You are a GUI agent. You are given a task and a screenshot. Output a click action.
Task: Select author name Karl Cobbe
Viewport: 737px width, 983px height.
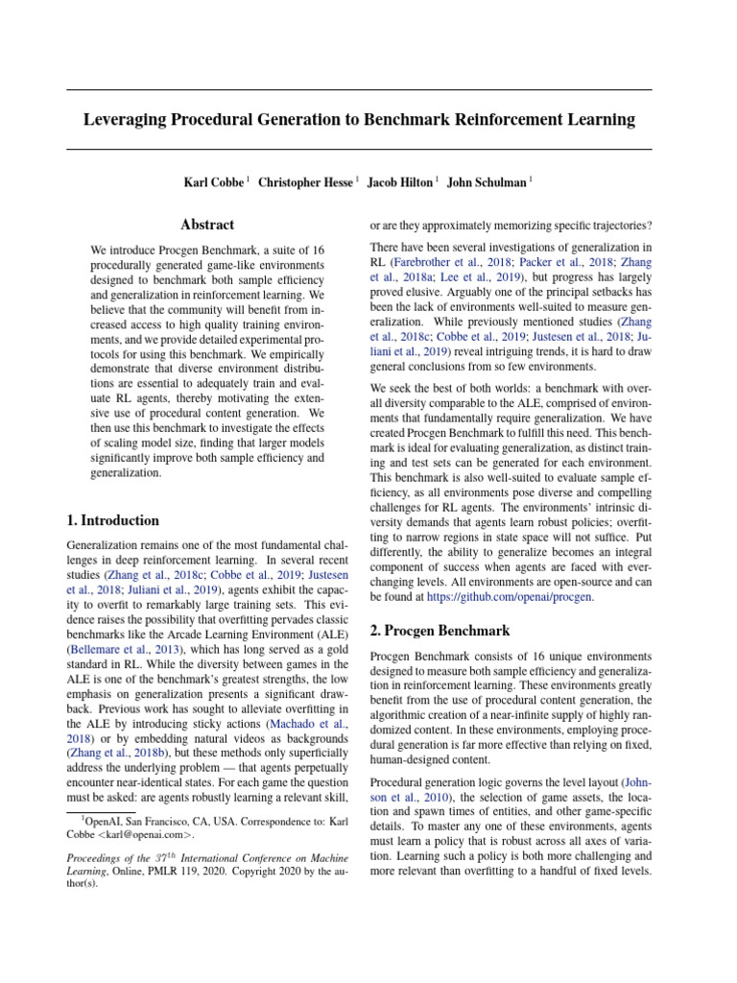[214, 182]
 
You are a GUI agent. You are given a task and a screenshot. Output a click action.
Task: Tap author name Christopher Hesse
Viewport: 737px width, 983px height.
[305, 182]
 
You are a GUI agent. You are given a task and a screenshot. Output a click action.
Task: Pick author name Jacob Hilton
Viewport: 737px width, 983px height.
[400, 182]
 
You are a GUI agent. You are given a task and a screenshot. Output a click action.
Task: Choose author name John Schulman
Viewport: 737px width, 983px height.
[487, 182]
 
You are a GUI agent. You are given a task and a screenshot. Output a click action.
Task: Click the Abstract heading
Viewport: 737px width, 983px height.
[206, 225]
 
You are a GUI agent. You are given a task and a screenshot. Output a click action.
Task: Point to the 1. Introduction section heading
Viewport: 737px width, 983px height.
[113, 520]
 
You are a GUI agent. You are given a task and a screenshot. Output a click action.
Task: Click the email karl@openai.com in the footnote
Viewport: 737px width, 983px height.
[141, 834]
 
